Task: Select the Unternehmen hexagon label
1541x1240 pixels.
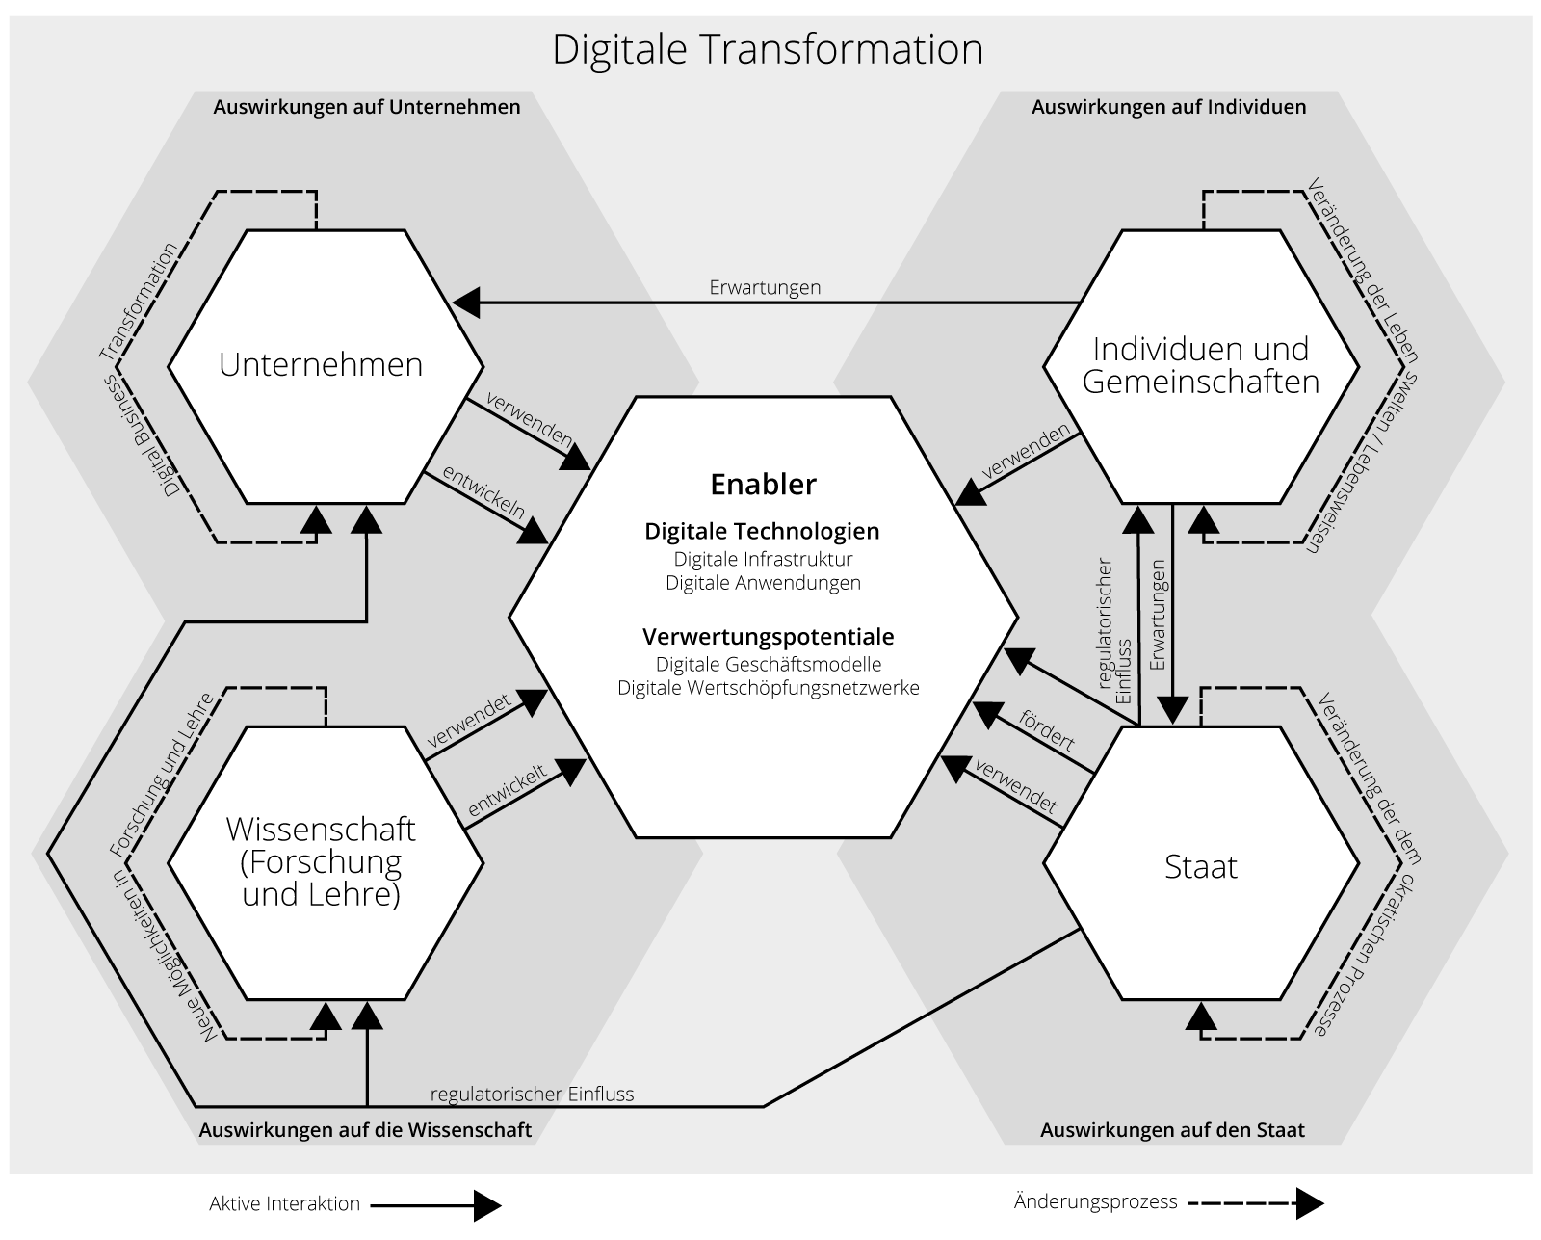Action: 321,365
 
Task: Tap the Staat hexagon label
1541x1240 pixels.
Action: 1201,867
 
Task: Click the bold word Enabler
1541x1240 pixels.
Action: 763,484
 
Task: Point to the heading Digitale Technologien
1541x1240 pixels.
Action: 762,531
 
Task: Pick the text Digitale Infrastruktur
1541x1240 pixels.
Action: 763,559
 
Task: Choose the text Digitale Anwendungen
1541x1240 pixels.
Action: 763,583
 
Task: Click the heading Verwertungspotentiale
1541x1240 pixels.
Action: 768,637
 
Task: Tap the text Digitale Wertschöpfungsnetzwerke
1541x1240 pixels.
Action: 768,688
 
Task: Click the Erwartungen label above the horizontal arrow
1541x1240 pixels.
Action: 765,287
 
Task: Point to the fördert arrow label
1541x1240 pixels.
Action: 1047,731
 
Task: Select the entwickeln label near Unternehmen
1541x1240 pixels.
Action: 483,492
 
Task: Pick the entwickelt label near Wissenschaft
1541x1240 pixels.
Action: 508,790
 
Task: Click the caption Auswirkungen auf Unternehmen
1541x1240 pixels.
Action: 366,107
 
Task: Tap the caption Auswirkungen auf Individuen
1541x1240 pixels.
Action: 1168,107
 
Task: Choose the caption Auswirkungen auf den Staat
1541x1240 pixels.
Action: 1172,1130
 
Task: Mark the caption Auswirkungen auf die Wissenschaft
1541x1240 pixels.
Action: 365,1130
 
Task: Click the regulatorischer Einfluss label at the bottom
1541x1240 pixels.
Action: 532,1094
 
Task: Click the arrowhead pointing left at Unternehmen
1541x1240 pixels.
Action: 466,303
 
